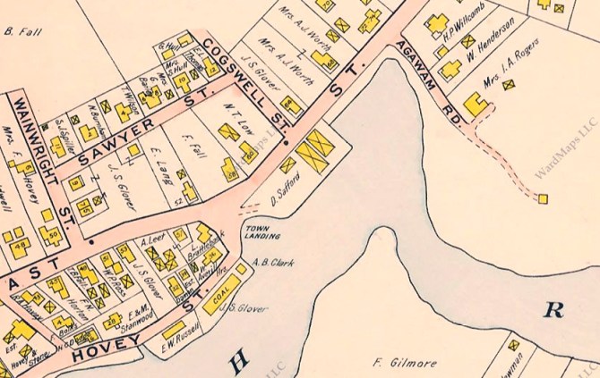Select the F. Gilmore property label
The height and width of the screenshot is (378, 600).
(399, 363)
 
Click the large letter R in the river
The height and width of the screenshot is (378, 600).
(553, 310)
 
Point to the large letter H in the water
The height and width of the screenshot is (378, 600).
(238, 361)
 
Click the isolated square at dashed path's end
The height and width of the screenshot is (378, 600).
(543, 198)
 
